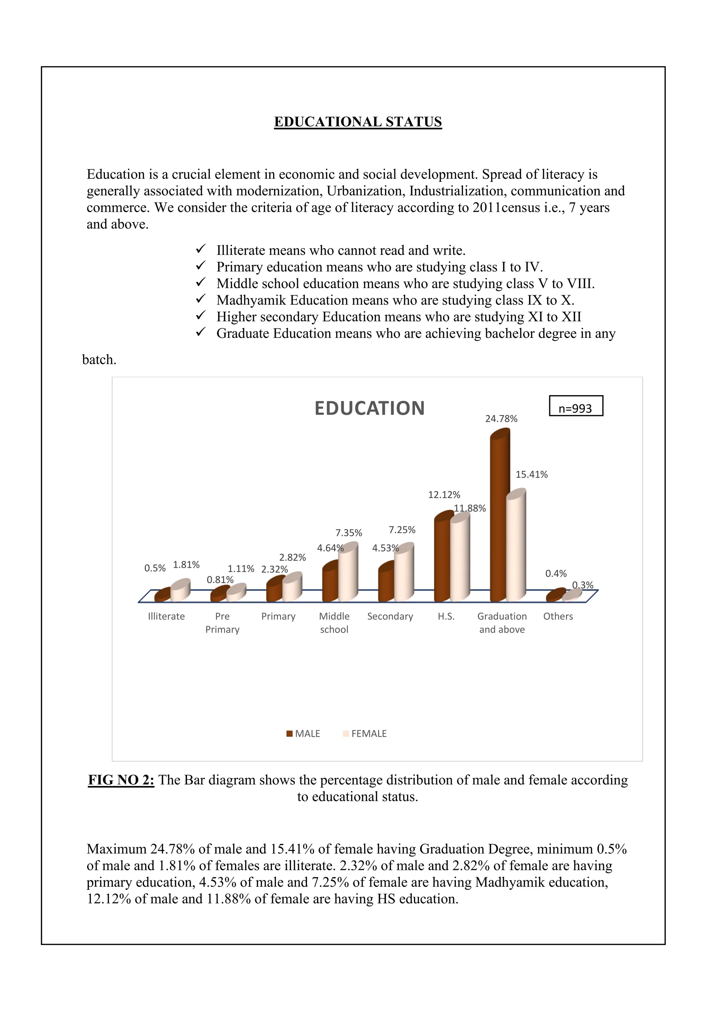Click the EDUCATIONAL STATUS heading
tap(358, 122)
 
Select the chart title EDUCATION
tap(370, 408)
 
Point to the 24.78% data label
tap(501, 419)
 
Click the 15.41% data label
tap(532, 475)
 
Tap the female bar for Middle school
tap(348, 574)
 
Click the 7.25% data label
tap(402, 530)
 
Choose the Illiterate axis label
tap(166, 616)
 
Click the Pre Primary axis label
tap(222, 623)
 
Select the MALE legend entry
tap(303, 734)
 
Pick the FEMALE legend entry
tap(365, 734)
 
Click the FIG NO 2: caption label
tap(121, 780)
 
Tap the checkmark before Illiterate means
tap(201, 249)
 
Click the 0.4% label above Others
tap(556, 574)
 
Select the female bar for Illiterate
tap(180, 592)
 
